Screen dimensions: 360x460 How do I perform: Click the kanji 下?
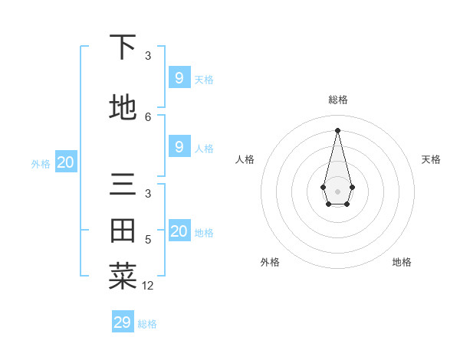tap(123, 47)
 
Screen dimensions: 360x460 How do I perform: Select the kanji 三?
tap(123, 186)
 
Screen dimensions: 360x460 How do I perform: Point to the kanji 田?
tap(123, 231)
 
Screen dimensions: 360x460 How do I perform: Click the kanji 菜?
tap(123, 277)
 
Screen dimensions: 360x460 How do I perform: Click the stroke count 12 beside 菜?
tap(148, 286)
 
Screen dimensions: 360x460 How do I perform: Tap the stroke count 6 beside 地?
tap(148, 116)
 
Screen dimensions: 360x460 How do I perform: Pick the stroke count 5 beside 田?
tap(148, 240)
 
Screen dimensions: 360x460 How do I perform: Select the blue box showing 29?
tap(123, 322)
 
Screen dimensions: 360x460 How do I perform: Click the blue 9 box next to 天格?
tap(179, 77)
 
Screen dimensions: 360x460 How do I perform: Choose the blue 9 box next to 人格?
tap(179, 146)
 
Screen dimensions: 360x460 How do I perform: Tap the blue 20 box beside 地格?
tap(179, 231)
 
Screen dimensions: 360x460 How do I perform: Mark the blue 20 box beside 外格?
tap(66, 162)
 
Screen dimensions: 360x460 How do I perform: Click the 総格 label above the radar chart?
tap(337, 100)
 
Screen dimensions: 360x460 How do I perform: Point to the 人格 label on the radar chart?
tap(245, 159)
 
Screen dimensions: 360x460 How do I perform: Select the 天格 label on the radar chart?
tap(431, 159)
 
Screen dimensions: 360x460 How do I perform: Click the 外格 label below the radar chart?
tap(270, 262)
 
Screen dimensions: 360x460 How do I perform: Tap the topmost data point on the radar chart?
tap(337, 129)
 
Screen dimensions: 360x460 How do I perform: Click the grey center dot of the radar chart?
tap(337, 191)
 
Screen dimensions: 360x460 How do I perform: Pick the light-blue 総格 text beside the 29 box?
tap(147, 324)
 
